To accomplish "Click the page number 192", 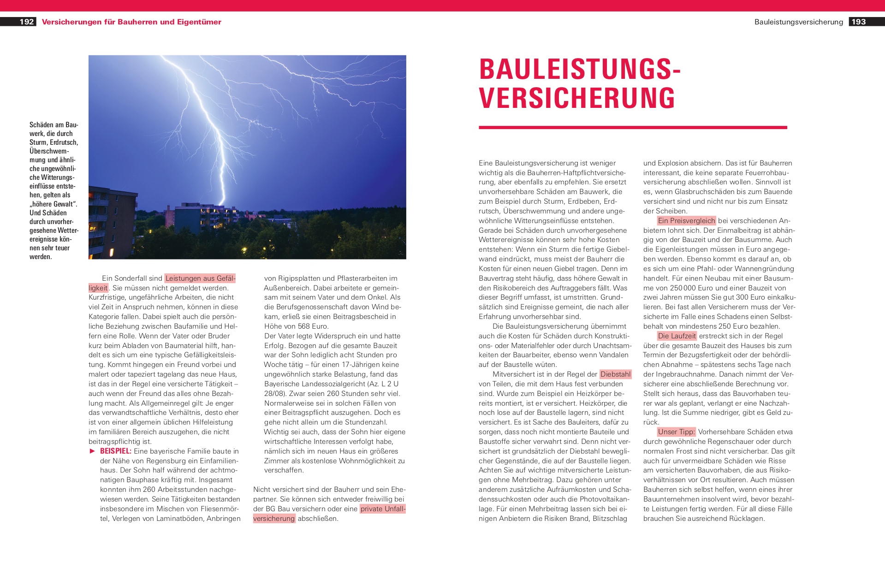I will coord(27,22).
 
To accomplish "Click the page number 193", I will coord(858,22).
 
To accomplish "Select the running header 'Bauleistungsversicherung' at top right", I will coord(798,22).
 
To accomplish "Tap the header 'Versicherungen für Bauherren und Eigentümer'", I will coord(131,22).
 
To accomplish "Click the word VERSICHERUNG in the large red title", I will coord(577,98).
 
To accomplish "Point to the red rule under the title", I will coord(633,127).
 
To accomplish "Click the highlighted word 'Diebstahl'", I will coord(615,374).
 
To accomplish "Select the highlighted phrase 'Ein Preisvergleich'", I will coord(686,221).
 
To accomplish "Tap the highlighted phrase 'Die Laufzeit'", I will coord(677,336).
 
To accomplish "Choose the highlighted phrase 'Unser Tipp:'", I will coord(676,432).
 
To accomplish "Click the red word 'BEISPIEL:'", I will coord(116,451).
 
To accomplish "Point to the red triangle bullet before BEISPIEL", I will coord(92,451).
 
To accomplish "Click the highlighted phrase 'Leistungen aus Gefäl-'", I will coord(200,278).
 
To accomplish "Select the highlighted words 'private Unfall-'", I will coord(382,509).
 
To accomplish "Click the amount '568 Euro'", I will coord(313,326).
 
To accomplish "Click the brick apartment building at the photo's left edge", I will coord(111,221).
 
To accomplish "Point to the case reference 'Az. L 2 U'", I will coord(383,384).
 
